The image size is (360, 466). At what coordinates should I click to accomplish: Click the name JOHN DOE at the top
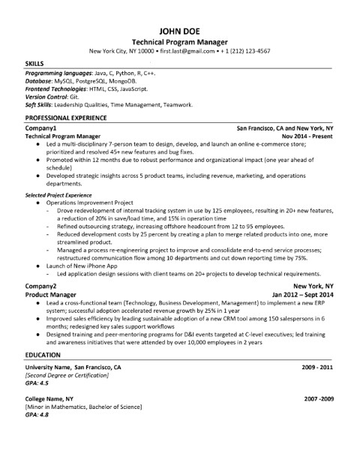point(180,29)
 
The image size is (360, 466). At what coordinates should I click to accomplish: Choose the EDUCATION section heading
point(43,332)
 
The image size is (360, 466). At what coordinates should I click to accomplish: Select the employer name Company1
point(41,128)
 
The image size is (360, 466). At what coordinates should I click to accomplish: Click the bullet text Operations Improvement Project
point(89,201)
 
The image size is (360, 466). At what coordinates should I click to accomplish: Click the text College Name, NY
point(49,398)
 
